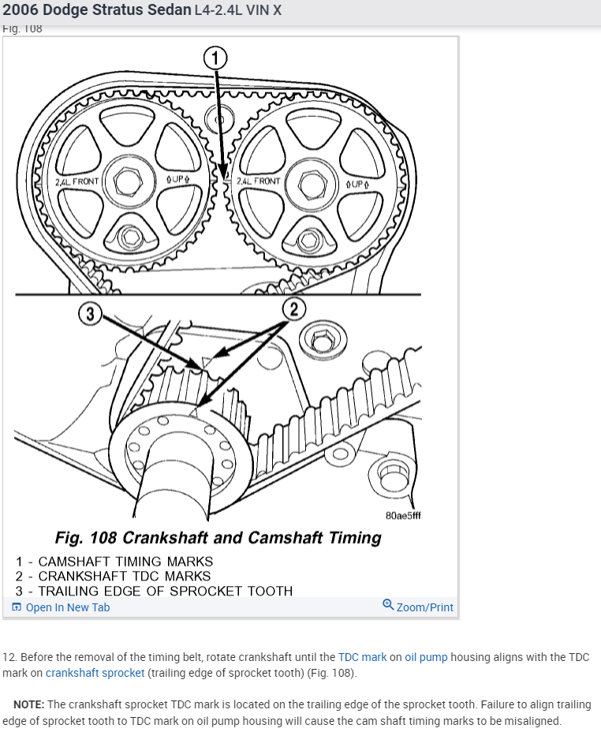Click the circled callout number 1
click(x=215, y=57)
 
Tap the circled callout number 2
click(x=293, y=308)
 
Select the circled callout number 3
click(x=91, y=315)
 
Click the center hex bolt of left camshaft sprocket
click(x=127, y=181)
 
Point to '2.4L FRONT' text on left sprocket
click(x=77, y=181)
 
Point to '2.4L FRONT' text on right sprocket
click(x=259, y=181)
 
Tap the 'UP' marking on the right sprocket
click(x=357, y=183)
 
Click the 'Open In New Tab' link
click(x=62, y=607)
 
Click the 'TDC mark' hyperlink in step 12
click(x=363, y=657)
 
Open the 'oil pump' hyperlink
click(x=426, y=657)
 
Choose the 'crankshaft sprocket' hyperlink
click(x=95, y=673)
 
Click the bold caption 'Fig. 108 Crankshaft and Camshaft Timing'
click(x=218, y=538)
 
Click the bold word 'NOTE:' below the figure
click(x=29, y=704)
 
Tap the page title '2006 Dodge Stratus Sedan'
click(x=97, y=10)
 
